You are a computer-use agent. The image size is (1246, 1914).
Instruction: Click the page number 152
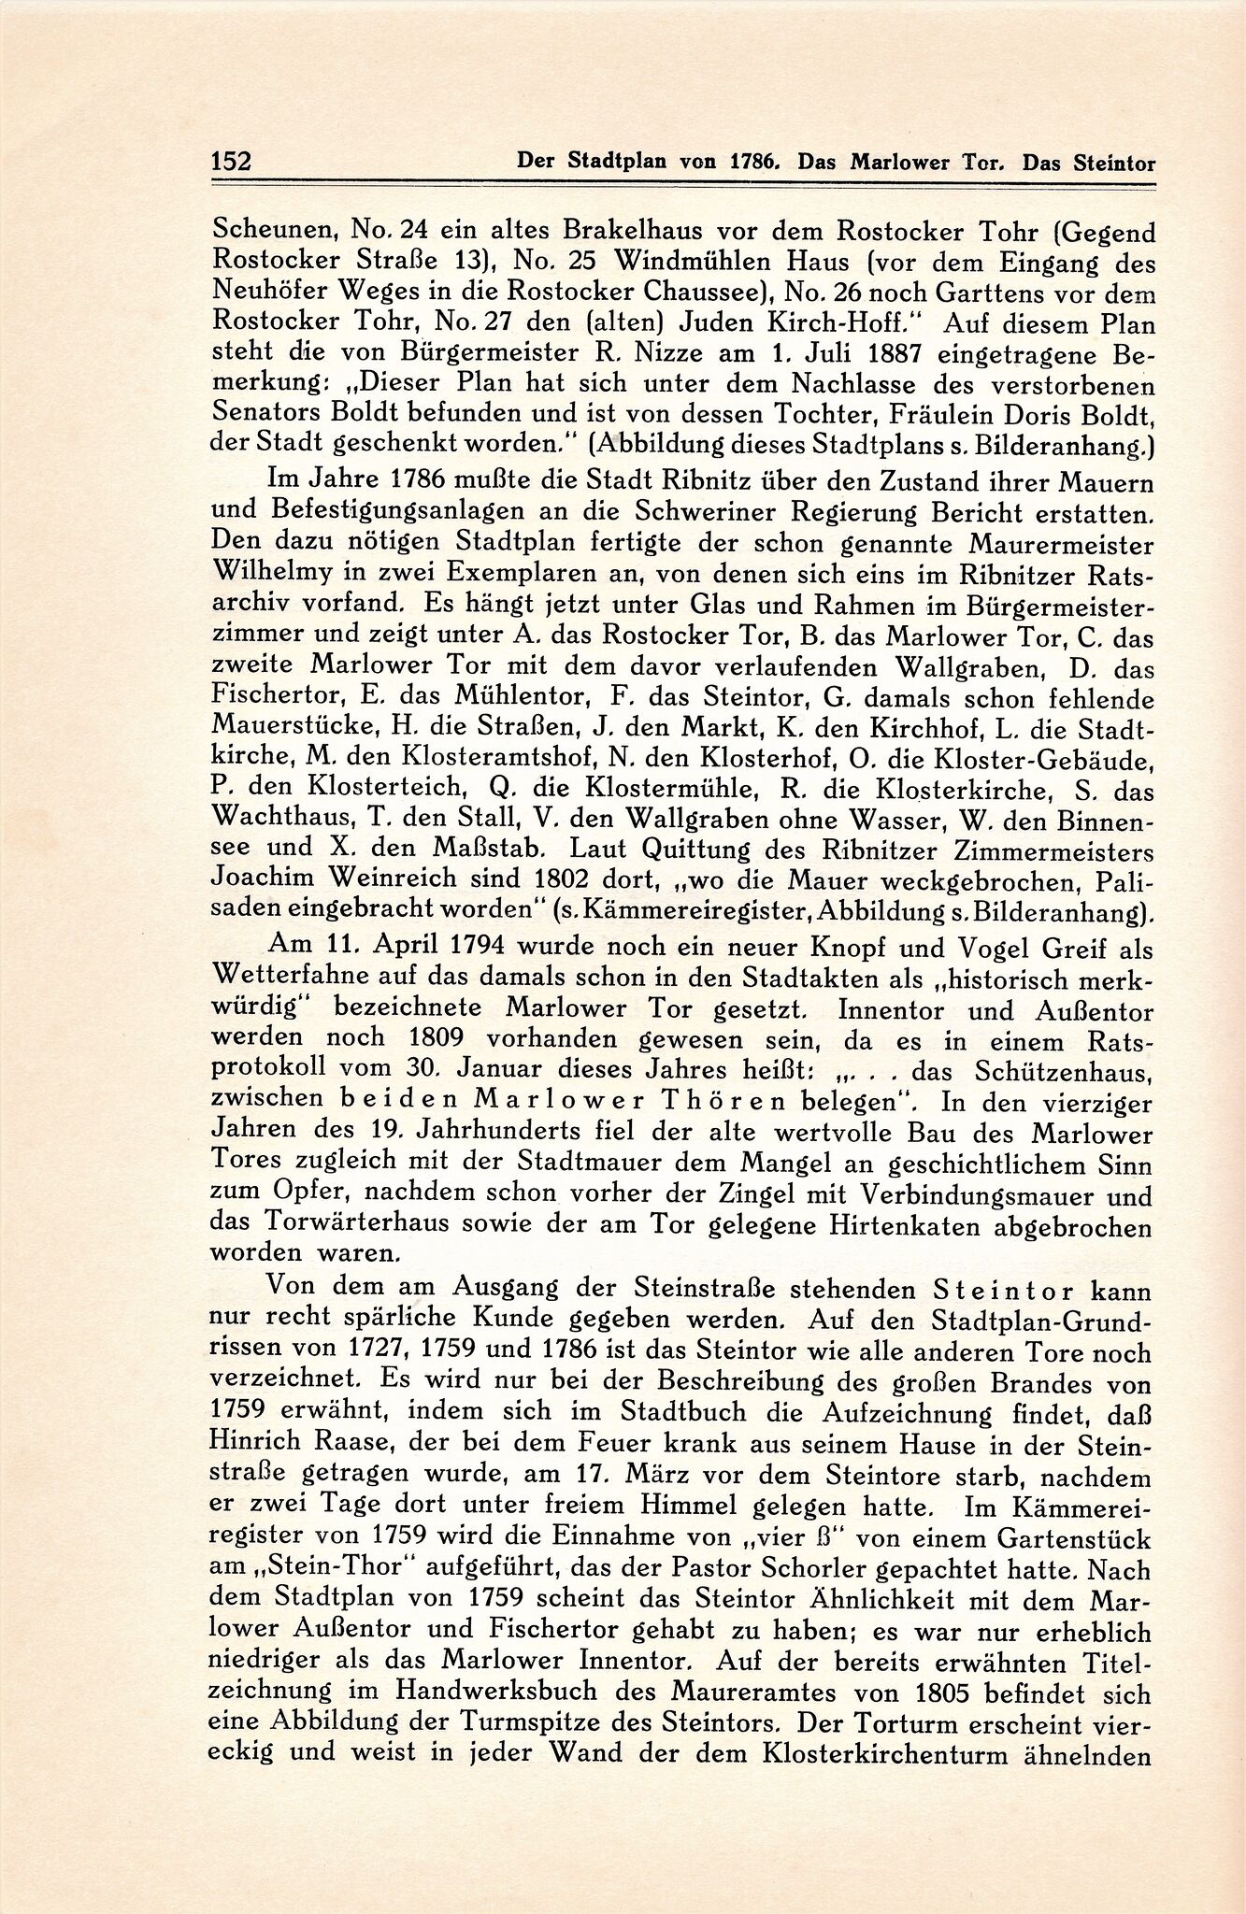tap(231, 161)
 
